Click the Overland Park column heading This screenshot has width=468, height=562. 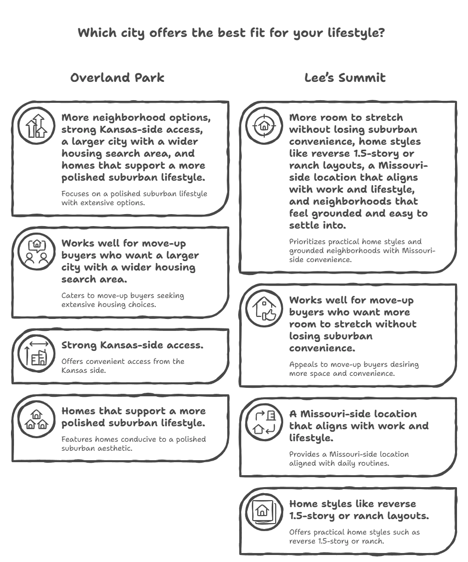tap(117, 78)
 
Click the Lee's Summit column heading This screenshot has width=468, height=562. tap(345, 78)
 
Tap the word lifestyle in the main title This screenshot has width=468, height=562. tap(356, 33)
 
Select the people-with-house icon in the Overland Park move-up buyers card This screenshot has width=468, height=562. tap(36, 251)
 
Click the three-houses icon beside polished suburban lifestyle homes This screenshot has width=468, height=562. tap(36, 419)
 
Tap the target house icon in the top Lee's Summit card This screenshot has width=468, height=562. tap(264, 125)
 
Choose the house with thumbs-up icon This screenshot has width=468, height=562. tap(264, 308)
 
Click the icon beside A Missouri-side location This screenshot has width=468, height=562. tap(264, 422)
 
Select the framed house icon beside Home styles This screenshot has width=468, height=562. tap(264, 511)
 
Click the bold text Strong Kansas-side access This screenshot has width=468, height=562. tap(132, 345)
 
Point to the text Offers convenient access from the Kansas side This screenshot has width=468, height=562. tap(123, 365)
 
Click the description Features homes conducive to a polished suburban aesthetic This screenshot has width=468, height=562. tap(133, 444)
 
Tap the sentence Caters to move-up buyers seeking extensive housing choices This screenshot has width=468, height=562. tap(122, 299)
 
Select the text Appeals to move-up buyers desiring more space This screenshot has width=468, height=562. tap(354, 369)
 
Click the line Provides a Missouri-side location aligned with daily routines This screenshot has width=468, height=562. tap(349, 459)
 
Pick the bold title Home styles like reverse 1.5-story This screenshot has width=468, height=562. tap(359, 510)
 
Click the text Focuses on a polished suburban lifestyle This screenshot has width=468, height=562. tap(134, 198)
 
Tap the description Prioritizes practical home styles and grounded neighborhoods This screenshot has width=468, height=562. tap(362, 251)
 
